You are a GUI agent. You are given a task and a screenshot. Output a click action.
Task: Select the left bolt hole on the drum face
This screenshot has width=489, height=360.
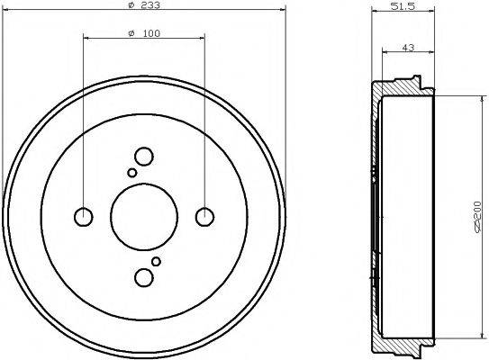tap(83, 216)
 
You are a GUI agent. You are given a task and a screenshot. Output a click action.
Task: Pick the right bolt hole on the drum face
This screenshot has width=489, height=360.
tap(205, 216)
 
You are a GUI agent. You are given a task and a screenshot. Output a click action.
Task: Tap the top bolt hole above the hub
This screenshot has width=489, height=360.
tap(143, 156)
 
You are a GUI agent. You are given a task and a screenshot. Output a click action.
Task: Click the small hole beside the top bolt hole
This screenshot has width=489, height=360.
tap(131, 172)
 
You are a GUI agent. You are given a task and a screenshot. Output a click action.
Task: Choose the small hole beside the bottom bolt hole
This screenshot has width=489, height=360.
tap(156, 261)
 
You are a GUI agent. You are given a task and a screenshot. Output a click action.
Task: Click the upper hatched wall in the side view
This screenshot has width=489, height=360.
tap(396, 91)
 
